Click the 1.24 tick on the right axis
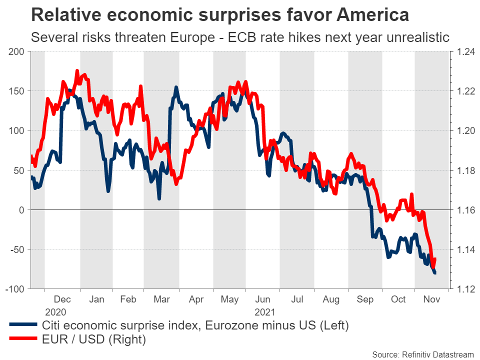click(463, 51)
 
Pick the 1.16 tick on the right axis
click(463, 210)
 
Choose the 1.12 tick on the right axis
click(463, 289)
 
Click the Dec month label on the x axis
click(62, 299)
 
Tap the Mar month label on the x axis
click(161, 299)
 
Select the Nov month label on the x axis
click(431, 299)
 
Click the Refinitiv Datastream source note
click(423, 354)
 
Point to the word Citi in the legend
click(51, 325)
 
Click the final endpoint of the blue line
click(434, 273)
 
